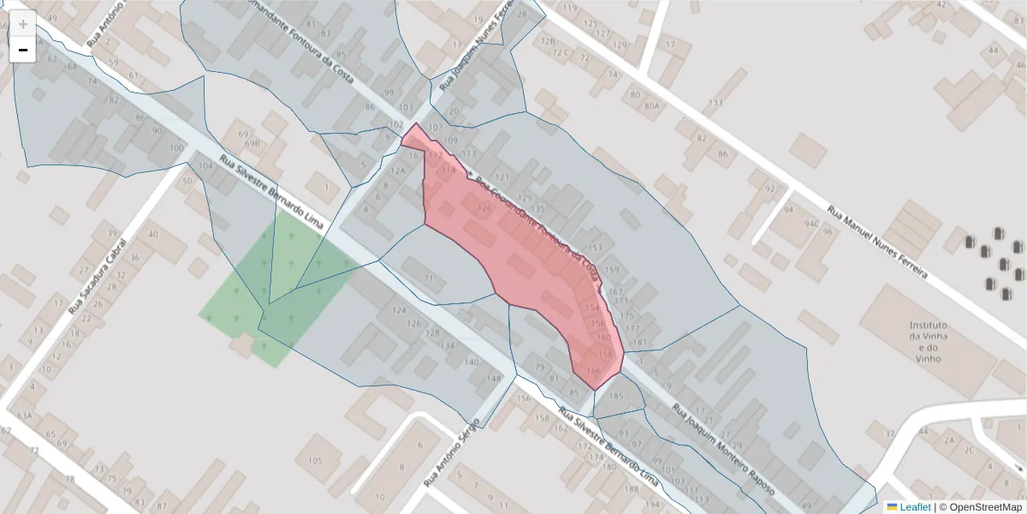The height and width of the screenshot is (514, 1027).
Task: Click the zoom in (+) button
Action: pos(23,24)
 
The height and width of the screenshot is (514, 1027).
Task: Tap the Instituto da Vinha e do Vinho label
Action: pos(928,340)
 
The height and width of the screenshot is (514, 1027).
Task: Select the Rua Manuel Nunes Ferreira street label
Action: pos(877,242)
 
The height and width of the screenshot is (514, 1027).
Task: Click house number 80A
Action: pos(651,106)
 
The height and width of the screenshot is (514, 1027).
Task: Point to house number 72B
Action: pos(549,40)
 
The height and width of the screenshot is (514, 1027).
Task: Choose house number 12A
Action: pos(398,170)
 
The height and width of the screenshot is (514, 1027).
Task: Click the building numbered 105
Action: pos(314,462)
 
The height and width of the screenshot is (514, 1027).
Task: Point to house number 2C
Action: pos(969,448)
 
